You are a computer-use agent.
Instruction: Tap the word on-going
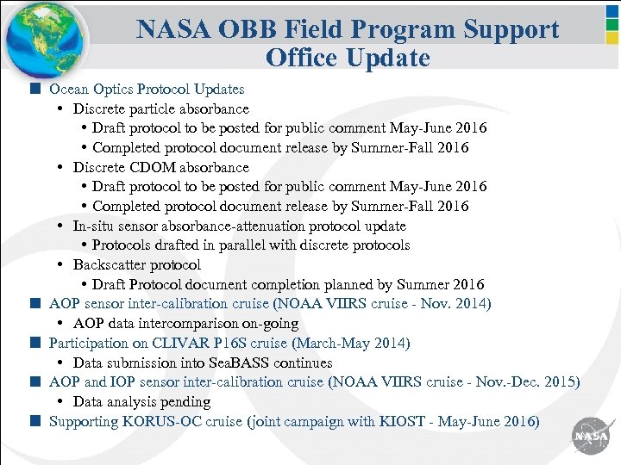(269, 324)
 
